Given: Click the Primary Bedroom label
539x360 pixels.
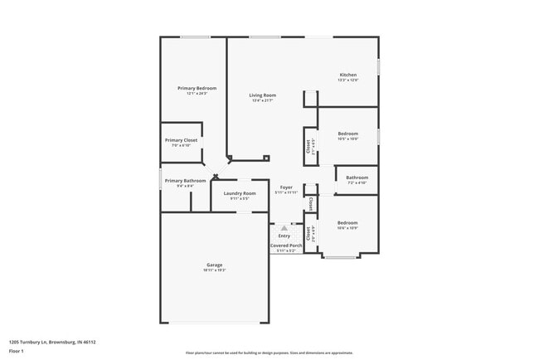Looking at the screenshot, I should [x=197, y=88].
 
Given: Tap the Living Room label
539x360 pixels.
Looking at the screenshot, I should [x=263, y=95].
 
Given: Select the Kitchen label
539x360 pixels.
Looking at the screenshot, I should [x=348, y=75].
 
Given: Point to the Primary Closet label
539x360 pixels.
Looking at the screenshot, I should [x=181, y=140].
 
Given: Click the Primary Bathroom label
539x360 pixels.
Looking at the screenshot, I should [x=185, y=181].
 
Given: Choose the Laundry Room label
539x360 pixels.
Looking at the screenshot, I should [x=239, y=193].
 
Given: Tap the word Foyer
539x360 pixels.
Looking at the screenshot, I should [x=286, y=187].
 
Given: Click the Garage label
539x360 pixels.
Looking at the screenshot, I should [x=214, y=265].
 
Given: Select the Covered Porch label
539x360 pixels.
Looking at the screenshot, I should [x=285, y=246].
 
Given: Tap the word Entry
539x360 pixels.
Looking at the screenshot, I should [x=284, y=236].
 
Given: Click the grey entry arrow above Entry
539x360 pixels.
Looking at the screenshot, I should [x=284, y=227].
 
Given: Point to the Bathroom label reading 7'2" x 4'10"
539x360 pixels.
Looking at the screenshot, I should [x=357, y=177].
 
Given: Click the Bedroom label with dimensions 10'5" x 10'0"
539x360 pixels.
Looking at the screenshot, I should [x=348, y=134].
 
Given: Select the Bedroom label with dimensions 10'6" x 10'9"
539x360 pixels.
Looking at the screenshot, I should [x=347, y=222].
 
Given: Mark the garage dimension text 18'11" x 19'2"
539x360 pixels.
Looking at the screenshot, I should [x=214, y=271].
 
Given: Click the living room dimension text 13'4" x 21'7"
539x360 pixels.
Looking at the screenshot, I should [x=263, y=101].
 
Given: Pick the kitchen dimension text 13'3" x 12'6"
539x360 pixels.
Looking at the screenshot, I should [x=348, y=80].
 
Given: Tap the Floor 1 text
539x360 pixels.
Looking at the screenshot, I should [x=17, y=351].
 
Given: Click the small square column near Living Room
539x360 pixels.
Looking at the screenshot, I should [x=265, y=158].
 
